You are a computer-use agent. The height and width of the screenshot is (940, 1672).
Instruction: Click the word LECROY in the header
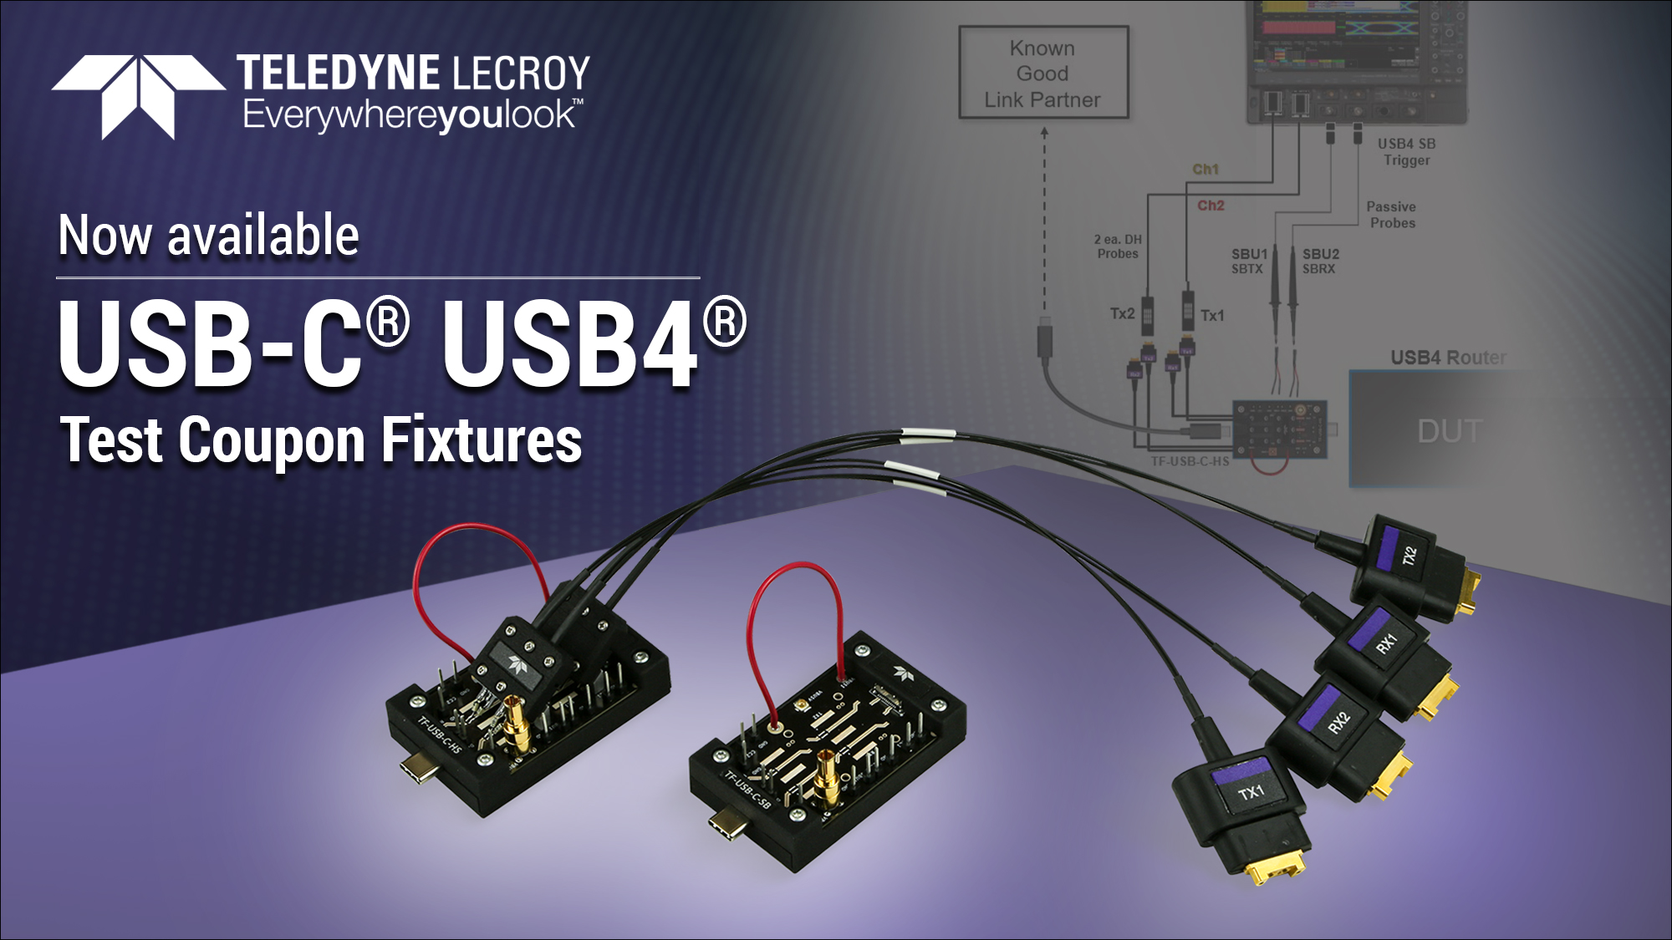coord(521,74)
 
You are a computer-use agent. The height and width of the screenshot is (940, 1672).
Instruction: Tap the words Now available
coord(208,236)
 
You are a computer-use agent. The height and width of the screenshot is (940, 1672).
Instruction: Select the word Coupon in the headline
coord(272,440)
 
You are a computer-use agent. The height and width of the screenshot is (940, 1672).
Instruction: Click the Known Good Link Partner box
coord(1042,74)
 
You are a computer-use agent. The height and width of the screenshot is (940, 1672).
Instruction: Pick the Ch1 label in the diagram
coord(1205,170)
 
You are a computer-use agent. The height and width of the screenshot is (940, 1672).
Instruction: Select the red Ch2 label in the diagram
coord(1210,206)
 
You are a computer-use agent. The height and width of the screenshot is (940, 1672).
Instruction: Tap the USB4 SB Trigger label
coord(1406,152)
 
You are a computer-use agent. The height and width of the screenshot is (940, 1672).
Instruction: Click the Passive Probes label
coord(1392,215)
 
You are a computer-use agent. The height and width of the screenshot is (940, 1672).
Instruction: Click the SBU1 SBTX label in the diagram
coord(1248,261)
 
